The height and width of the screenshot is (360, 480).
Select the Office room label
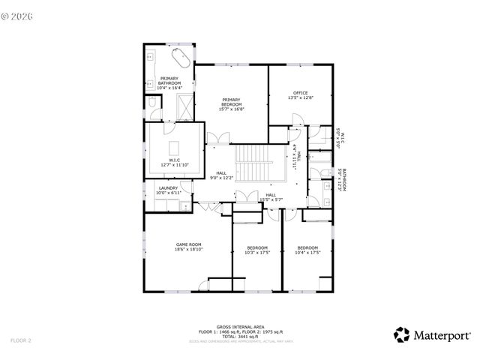(x=300, y=95)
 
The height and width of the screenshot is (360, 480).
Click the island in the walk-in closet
(x=175, y=145)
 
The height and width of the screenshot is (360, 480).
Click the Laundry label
(x=168, y=190)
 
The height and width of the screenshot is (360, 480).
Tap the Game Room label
(x=189, y=247)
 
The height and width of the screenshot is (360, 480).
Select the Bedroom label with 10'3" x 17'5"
(x=257, y=250)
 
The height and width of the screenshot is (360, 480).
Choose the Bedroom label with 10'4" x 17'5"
(x=307, y=250)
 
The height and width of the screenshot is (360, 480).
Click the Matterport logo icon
(x=403, y=334)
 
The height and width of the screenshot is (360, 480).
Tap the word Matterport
(x=442, y=335)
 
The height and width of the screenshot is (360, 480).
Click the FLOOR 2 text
(x=20, y=340)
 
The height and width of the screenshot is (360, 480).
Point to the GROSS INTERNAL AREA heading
(x=240, y=327)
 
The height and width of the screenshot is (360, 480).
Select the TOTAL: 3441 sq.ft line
(x=240, y=336)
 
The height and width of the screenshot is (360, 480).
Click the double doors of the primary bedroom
(x=218, y=138)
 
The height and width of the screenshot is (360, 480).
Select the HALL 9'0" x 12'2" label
(x=221, y=175)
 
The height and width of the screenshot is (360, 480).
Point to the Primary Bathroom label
(x=169, y=82)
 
